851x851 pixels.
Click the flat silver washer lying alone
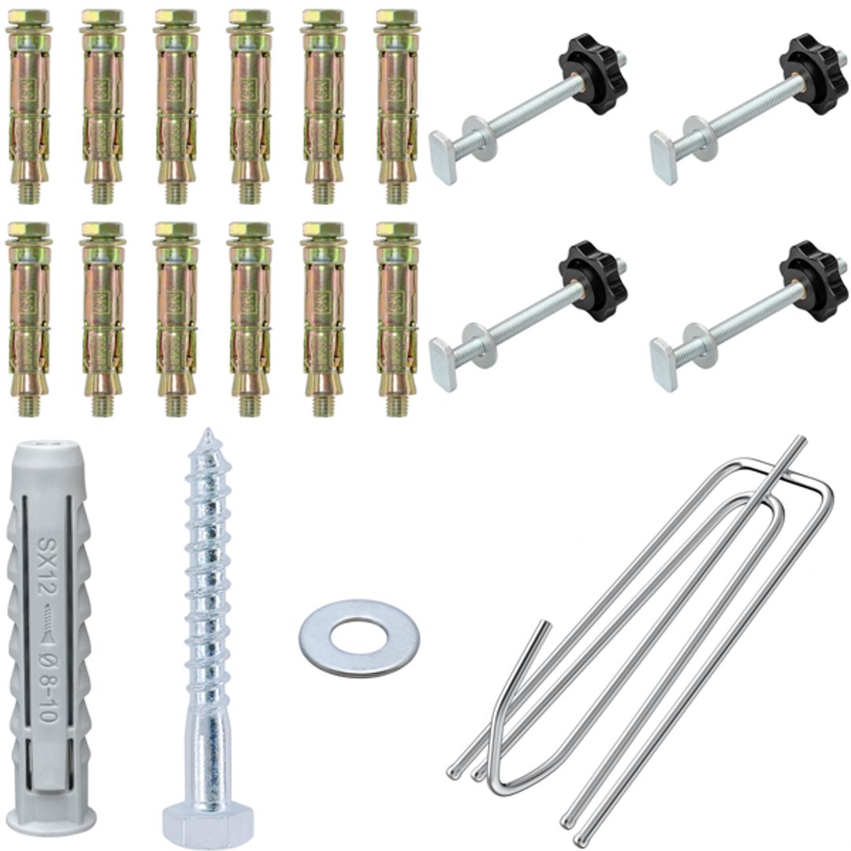coord(359,637)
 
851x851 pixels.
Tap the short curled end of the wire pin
coord(543,630)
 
